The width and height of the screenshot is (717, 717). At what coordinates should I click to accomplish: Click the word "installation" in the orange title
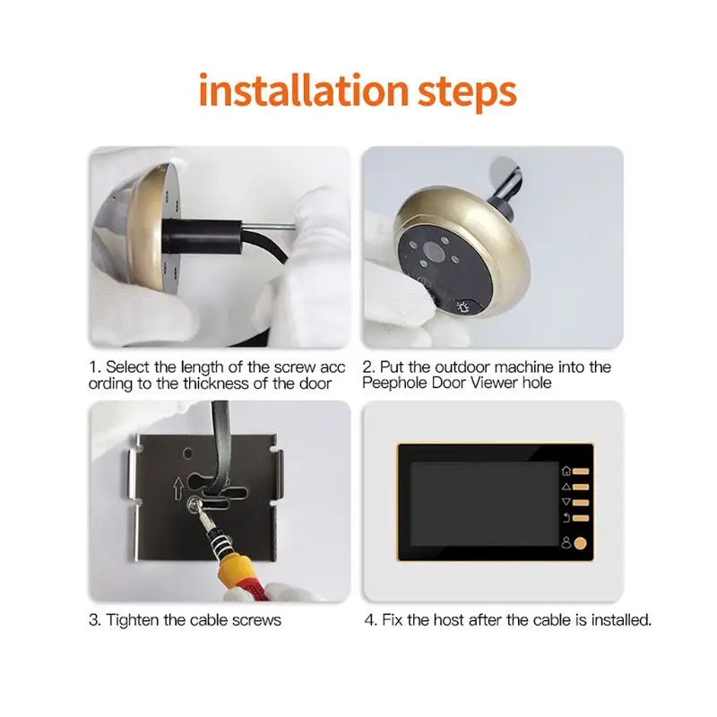(x=304, y=91)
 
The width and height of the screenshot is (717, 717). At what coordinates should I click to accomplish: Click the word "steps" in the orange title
(x=467, y=94)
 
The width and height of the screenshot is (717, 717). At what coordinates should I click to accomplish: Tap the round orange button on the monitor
(x=580, y=543)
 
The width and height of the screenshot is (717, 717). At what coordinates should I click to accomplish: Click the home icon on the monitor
(x=566, y=471)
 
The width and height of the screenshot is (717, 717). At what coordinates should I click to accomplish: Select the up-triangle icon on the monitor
(x=566, y=487)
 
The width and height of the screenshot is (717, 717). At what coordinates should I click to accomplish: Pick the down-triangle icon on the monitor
(x=566, y=502)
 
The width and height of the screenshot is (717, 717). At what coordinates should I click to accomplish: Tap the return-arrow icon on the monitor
(x=566, y=518)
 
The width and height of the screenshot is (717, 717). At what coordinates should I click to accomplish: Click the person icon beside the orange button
(x=566, y=543)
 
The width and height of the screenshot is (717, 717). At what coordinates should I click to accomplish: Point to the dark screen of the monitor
(x=479, y=504)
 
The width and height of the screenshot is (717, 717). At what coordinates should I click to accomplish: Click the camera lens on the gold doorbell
(x=431, y=251)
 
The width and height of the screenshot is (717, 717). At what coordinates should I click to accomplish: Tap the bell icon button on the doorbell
(x=463, y=307)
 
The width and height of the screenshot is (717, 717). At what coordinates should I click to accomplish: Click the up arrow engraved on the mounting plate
(x=178, y=488)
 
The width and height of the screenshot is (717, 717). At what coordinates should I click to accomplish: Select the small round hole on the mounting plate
(x=188, y=454)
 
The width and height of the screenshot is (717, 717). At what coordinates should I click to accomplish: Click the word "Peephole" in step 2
(x=395, y=383)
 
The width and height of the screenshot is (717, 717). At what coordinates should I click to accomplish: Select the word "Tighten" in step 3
(x=133, y=620)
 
